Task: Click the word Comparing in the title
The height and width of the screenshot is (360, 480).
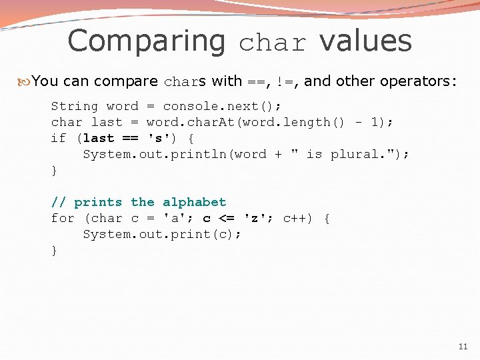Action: pyautogui.click(x=147, y=41)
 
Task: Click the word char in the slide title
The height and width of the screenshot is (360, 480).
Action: pyautogui.click(x=273, y=43)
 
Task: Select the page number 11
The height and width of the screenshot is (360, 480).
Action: pyautogui.click(x=463, y=347)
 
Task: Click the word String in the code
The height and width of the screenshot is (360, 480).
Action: pyautogui.click(x=75, y=106)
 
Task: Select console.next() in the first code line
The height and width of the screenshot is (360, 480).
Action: pyautogui.click(x=222, y=106)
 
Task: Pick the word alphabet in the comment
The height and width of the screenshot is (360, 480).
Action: pyautogui.click(x=195, y=202)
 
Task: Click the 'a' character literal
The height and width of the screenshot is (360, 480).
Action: pyautogui.click(x=175, y=218)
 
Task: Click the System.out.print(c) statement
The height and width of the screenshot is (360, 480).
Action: pyautogui.click(x=162, y=234)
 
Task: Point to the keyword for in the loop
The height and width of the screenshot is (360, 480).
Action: pyautogui.click(x=63, y=218)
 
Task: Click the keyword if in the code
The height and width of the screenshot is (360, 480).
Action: pyautogui.click(x=59, y=138)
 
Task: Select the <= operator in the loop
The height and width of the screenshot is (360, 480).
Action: pyautogui.click(x=227, y=218)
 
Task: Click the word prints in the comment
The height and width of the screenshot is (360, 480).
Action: pyautogui.click(x=98, y=202)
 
